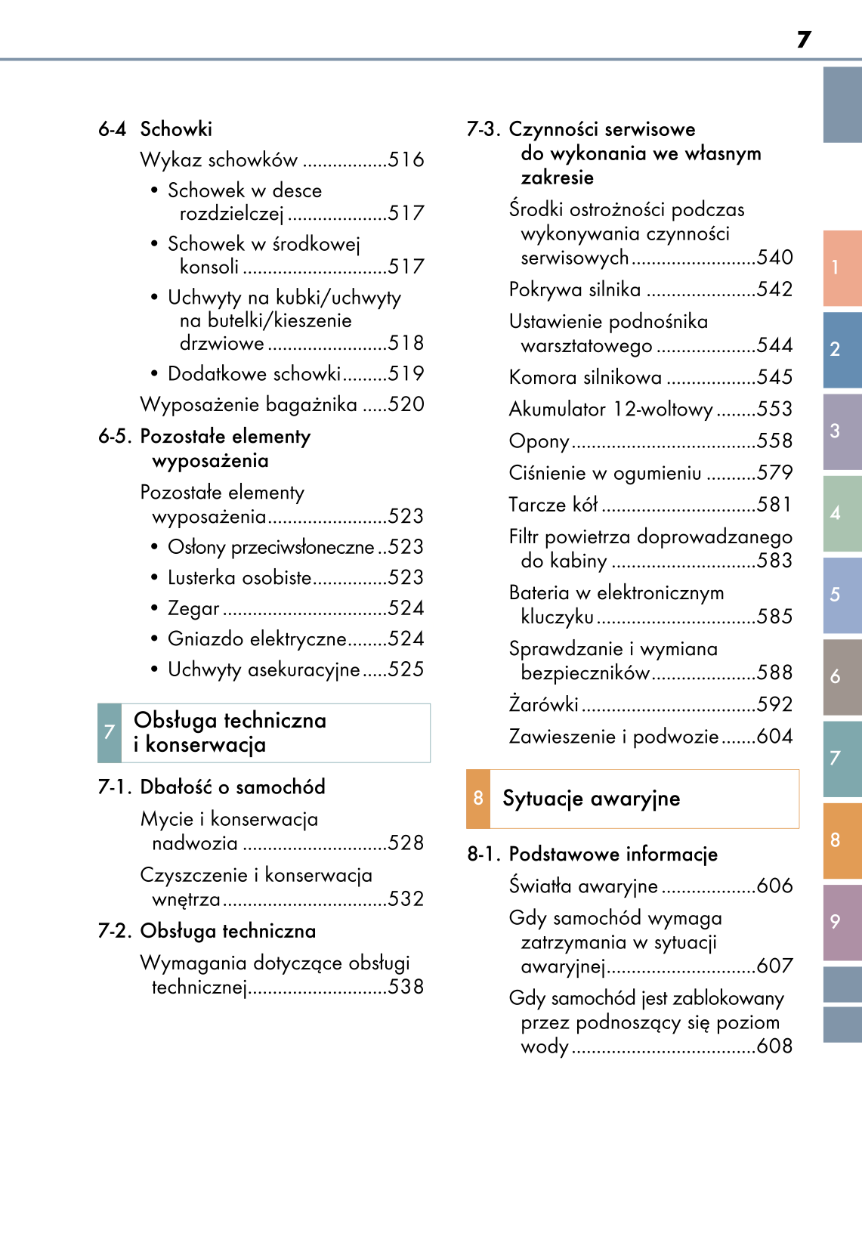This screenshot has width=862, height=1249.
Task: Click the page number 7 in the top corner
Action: coord(804,39)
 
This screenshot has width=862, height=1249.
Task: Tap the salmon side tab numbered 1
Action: coord(842,267)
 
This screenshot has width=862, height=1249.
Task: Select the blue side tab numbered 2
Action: coord(842,349)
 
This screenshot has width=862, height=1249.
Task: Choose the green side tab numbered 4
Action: coord(842,513)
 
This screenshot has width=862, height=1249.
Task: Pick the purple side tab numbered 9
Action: coord(842,921)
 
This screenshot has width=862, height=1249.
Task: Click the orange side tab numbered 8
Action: coord(842,840)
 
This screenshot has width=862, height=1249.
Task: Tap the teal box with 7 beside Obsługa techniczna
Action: coord(110,732)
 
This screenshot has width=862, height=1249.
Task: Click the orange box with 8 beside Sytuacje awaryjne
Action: coord(478,798)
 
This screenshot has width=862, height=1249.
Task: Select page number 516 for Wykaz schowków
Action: coord(406,160)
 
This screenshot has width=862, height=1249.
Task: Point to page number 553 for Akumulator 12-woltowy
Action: coord(774,409)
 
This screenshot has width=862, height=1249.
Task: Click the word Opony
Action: coord(539,441)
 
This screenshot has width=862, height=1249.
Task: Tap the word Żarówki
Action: coord(543,704)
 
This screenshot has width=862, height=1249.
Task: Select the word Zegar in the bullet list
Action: coord(193,608)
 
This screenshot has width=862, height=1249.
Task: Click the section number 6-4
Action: coord(112,129)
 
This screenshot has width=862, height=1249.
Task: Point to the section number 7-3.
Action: coord(483,129)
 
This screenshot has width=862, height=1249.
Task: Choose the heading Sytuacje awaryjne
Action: coord(591,799)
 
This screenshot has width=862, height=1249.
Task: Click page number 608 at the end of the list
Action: coord(774,1046)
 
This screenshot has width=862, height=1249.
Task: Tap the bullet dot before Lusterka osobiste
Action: coord(154,578)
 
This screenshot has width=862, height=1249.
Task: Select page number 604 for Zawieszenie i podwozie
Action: coord(774,736)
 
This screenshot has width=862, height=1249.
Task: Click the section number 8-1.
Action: coord(484,855)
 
